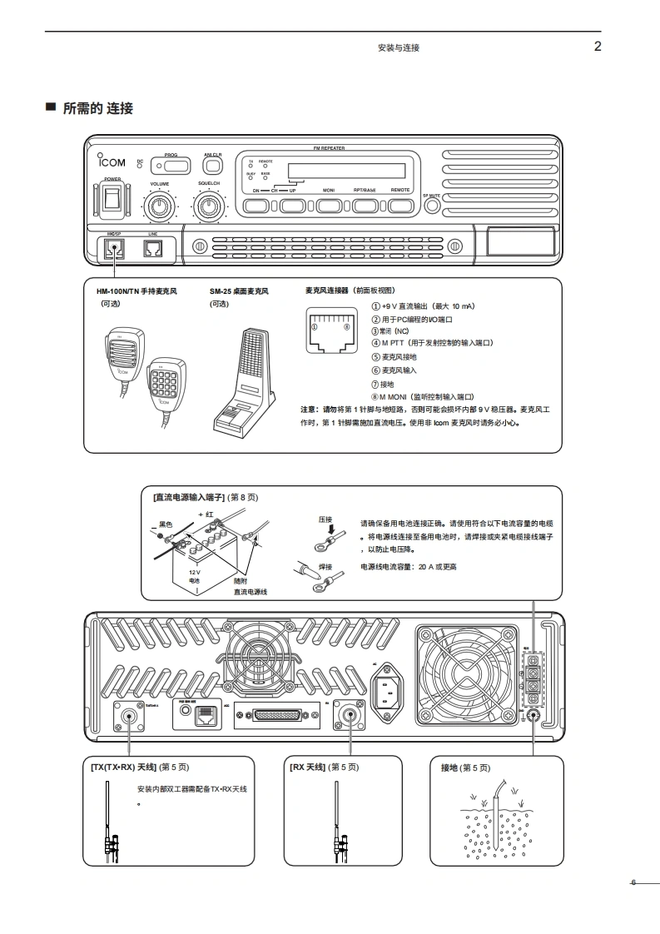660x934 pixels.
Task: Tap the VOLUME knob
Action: [x=159, y=205]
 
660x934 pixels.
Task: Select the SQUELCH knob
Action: [x=208, y=205]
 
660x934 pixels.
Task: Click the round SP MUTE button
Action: [x=431, y=206]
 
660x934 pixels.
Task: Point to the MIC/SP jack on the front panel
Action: [x=113, y=248]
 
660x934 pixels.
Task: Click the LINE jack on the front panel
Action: [x=152, y=248]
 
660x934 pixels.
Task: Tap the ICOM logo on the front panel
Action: [x=112, y=162]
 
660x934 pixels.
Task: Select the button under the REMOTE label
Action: [x=400, y=205]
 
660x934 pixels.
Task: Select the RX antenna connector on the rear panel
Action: [x=347, y=714]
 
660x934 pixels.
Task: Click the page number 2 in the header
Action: [x=597, y=47]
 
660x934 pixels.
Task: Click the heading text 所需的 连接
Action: [x=97, y=108]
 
